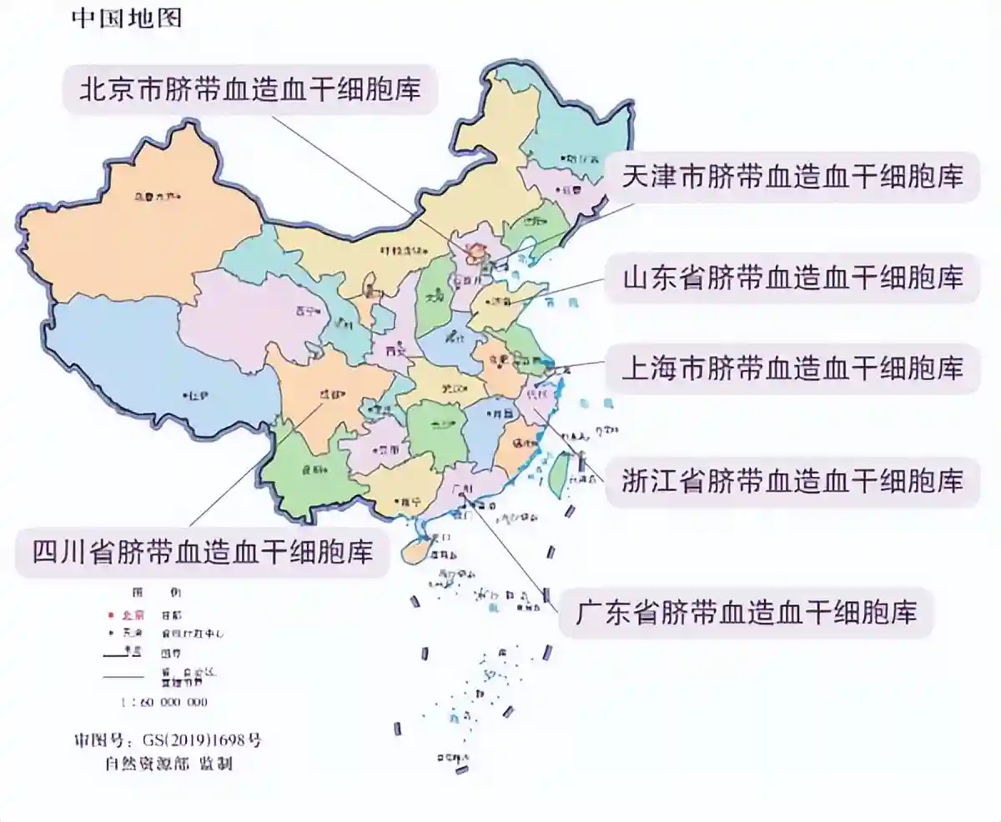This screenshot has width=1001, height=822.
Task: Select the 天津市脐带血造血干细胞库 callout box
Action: [792, 177]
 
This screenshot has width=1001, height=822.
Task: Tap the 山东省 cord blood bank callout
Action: [792, 278]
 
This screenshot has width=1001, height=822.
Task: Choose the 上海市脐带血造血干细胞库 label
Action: [792, 367]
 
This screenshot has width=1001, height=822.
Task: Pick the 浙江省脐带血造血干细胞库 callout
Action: [792, 481]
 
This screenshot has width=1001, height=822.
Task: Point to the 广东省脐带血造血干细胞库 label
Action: [747, 613]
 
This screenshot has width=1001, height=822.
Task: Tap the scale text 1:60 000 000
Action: [165, 702]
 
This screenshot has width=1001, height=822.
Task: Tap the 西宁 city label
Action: [304, 311]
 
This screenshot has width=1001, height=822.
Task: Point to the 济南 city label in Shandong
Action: [500, 301]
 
